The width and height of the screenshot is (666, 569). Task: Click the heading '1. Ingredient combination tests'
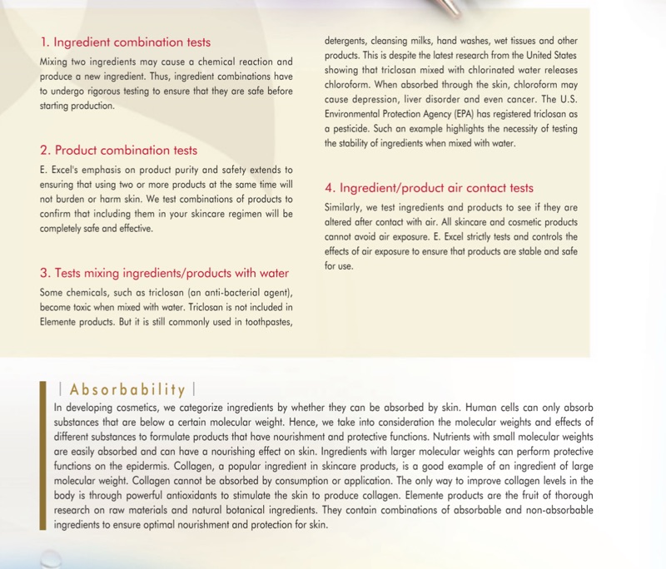tap(125, 42)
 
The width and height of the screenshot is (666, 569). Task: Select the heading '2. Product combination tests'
tap(118, 151)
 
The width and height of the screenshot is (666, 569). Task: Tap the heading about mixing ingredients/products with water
tap(164, 273)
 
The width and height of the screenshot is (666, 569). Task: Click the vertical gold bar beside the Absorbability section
tap(42, 456)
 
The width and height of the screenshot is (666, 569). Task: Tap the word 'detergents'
tap(348, 40)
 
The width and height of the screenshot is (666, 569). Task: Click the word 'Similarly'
tap(344, 206)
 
